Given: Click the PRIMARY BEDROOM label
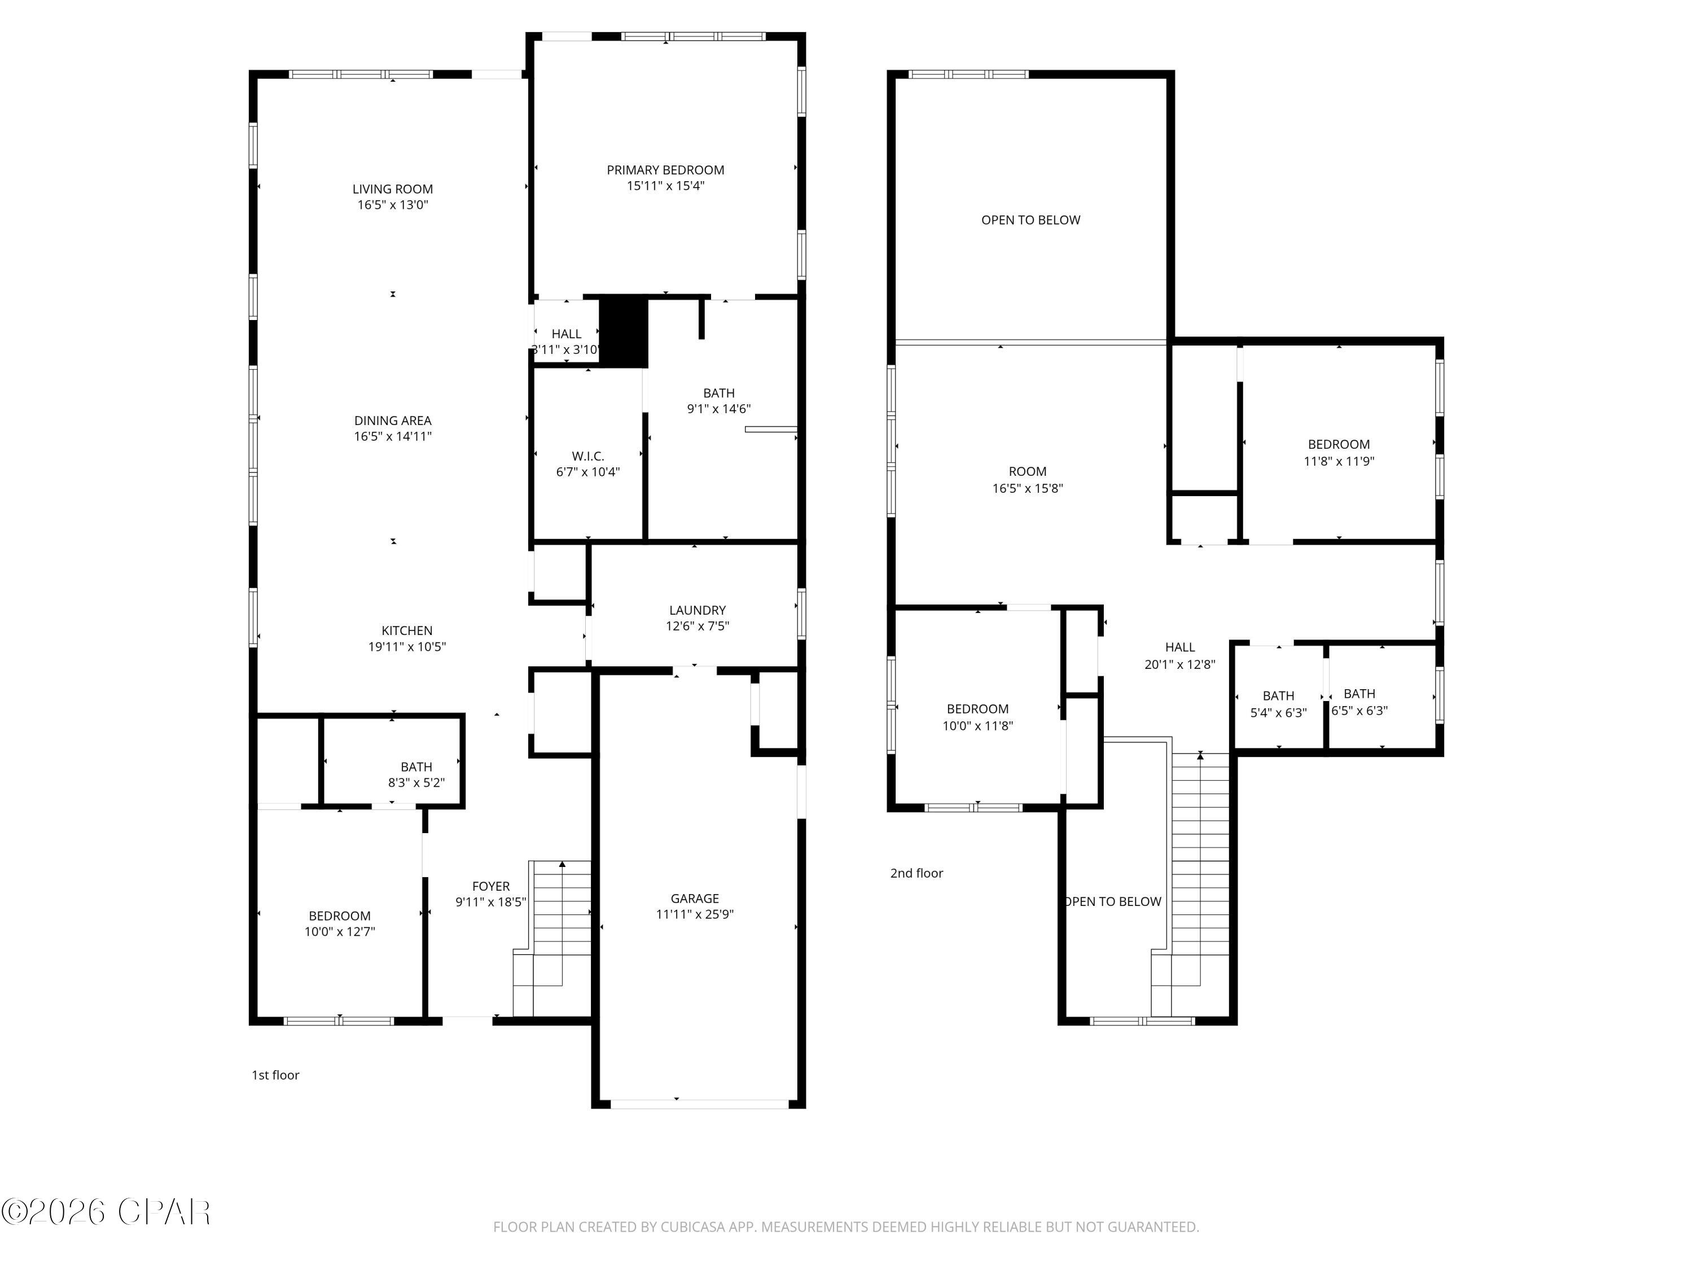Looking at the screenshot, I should point(665,170).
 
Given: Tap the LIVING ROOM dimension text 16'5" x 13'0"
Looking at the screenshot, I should point(393,205).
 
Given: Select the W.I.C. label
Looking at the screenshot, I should point(588,456).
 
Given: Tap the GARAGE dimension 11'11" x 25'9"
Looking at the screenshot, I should point(694,914).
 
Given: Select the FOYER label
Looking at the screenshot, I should point(490,887).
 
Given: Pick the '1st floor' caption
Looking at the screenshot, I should point(275,1075).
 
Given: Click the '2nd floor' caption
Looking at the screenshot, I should point(916,873).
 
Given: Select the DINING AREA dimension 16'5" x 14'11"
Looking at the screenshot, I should point(393,436).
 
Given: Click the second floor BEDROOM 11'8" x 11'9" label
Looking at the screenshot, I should point(1338,445).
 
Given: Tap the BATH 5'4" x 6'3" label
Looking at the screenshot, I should point(1278,696).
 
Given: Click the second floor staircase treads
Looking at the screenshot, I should point(1200,857).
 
